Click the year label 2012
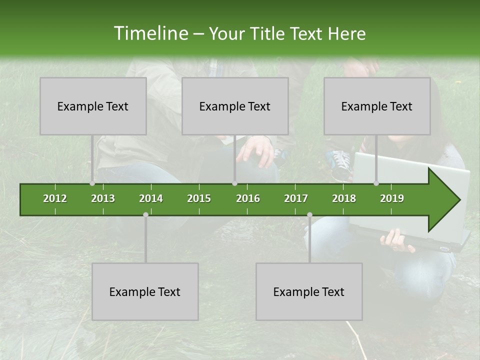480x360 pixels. point(55,198)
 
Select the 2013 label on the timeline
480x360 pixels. point(103,198)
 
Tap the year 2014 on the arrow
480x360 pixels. point(151,198)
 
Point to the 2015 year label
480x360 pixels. point(199,198)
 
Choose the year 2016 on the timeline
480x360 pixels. point(248,198)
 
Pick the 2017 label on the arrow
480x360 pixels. point(296,198)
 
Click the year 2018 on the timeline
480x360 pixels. point(344,198)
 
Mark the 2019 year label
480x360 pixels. point(392,198)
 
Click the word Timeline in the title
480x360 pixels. point(149,33)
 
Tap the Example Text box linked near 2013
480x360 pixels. point(93,106)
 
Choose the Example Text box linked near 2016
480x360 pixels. point(235,106)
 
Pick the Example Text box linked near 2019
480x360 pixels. point(377,106)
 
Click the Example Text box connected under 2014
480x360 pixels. point(145,291)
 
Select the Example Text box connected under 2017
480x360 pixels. point(309,291)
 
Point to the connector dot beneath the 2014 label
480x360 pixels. point(145,214)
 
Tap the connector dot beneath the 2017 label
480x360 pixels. point(309,214)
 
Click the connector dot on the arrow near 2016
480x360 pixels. point(234,183)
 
